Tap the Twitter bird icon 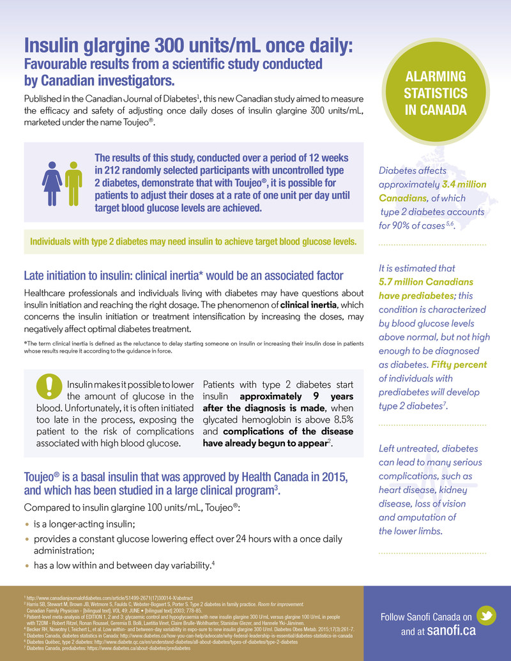pos(487,616)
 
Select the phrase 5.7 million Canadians pos(427,282)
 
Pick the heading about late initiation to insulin pos(183,276)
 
